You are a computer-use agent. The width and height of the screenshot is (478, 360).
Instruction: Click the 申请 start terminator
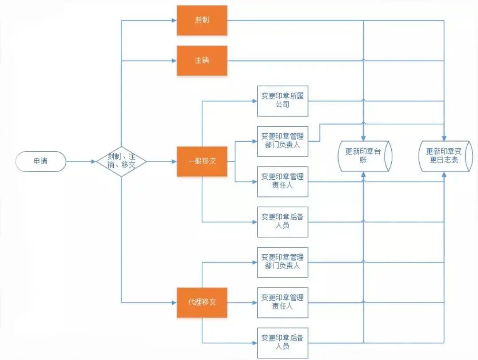(x=41, y=162)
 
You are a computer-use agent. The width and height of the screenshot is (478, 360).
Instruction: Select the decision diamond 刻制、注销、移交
(x=121, y=162)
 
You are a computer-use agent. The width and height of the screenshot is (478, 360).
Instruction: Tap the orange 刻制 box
(x=202, y=20)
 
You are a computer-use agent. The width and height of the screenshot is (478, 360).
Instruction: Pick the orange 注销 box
(x=202, y=60)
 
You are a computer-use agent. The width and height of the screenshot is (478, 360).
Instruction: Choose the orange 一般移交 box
(x=202, y=162)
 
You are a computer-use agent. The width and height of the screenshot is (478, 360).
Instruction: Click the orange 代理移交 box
(x=202, y=302)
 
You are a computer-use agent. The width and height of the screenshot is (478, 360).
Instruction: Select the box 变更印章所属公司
(x=282, y=101)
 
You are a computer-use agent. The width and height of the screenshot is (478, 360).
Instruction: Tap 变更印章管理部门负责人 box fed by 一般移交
(x=282, y=141)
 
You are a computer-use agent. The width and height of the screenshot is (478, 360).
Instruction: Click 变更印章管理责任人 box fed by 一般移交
(x=282, y=182)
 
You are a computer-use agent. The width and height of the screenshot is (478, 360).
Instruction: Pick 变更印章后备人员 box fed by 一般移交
(x=282, y=222)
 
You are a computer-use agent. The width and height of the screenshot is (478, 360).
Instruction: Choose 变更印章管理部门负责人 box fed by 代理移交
(x=282, y=262)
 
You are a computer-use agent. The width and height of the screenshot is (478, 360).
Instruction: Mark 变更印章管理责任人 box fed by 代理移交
(x=282, y=302)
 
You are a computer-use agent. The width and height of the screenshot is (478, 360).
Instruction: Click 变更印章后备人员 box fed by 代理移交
(x=282, y=343)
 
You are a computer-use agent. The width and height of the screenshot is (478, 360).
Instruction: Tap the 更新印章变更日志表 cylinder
(x=445, y=156)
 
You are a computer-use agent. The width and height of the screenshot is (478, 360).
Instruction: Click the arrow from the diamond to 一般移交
(x=162, y=162)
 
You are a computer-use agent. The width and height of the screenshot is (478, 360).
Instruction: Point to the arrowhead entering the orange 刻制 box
(x=174, y=20)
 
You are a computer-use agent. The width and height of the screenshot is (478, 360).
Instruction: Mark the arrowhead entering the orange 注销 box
(x=174, y=60)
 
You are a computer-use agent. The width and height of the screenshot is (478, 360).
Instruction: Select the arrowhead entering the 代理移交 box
(x=174, y=302)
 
